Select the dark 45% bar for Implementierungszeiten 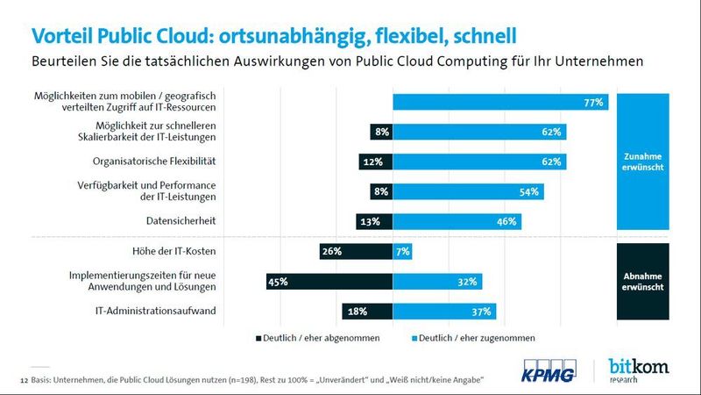tap(329, 282)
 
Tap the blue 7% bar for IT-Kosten tap(402, 253)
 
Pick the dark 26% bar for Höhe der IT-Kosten tap(356, 253)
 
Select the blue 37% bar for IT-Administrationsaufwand tap(444, 311)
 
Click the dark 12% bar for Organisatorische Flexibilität tap(375, 162)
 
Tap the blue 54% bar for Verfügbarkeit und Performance tap(469, 192)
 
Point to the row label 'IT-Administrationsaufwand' tap(156, 311)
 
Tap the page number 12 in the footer tap(23, 379)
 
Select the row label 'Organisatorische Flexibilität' tap(154, 162)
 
